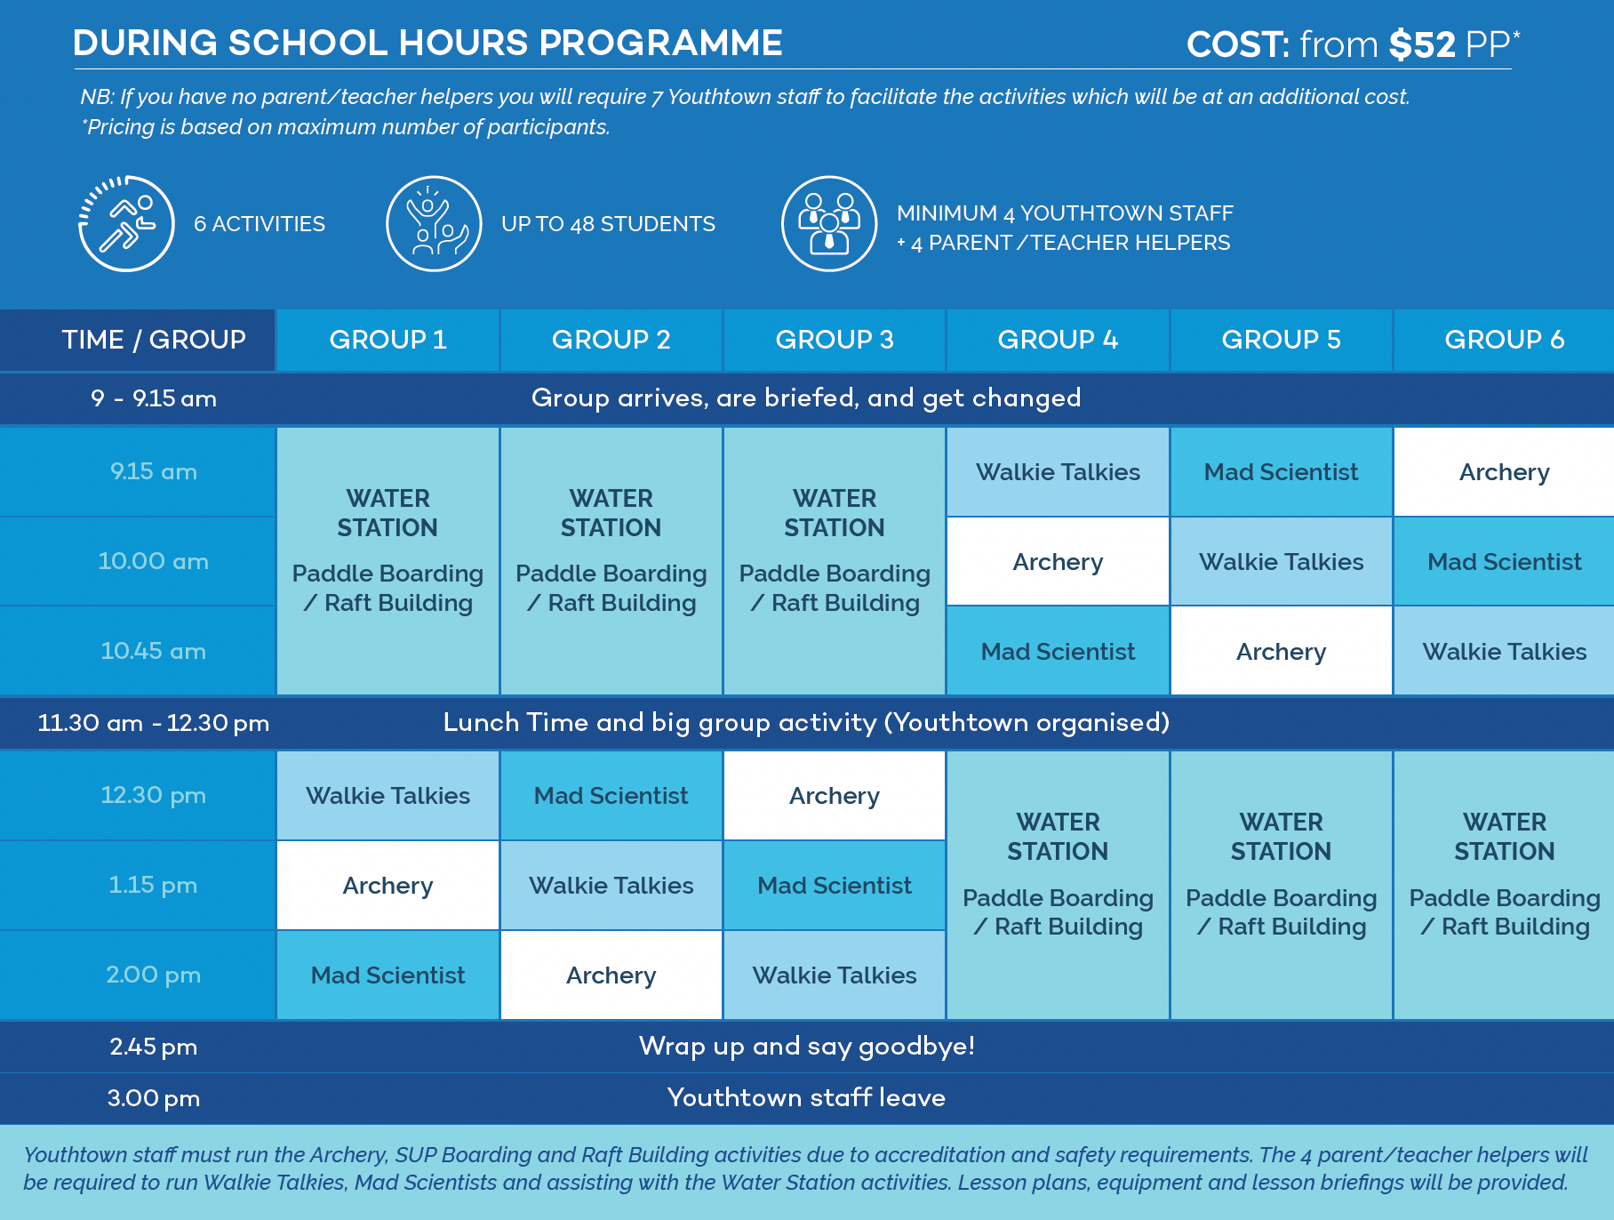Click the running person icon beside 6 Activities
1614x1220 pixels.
(126, 223)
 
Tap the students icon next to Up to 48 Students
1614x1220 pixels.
(434, 223)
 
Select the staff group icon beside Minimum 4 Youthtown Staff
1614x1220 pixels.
(829, 223)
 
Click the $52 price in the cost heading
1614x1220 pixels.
(1422, 44)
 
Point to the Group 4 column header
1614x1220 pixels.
(1058, 340)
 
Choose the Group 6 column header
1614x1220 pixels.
(1504, 340)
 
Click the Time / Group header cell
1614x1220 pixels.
(153, 340)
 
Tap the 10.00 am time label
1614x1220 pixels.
(153, 561)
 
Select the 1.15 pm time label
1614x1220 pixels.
(153, 885)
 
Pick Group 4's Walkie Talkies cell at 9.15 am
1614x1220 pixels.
(1058, 472)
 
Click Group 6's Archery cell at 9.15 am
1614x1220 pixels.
(1504, 472)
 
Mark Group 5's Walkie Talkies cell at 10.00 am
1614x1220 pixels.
(1281, 562)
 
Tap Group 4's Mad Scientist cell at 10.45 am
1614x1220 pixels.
(1058, 652)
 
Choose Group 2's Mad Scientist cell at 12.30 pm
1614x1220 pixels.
(611, 796)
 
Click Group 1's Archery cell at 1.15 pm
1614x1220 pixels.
(388, 886)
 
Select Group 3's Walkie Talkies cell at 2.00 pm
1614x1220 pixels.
(835, 975)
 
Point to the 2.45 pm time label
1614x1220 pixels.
(153, 1047)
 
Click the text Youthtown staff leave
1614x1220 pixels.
(806, 1097)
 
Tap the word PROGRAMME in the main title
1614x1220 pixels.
(660, 43)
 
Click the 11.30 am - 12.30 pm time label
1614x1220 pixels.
(153, 723)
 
